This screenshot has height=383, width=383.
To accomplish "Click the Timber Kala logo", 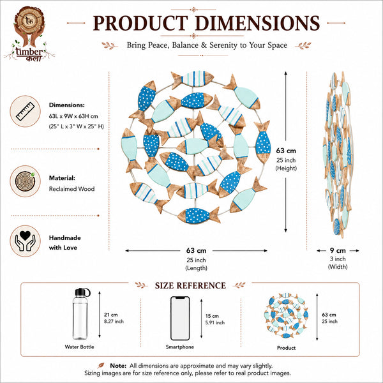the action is tap(29, 34).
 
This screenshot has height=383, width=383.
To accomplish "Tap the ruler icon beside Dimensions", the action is tap(25, 111).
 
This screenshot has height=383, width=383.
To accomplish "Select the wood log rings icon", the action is tap(25, 181).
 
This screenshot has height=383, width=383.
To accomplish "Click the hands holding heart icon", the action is tap(25, 241).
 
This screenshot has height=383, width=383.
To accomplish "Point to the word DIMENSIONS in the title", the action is tap(257, 23).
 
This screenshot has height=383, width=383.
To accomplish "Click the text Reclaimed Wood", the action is tap(71, 189).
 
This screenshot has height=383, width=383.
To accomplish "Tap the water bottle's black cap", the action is tap(82, 292).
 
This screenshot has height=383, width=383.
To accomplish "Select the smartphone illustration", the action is tap(180, 319).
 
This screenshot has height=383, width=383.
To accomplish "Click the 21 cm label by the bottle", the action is tap(110, 315).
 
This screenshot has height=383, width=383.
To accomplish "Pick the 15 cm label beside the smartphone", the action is tap(212, 316).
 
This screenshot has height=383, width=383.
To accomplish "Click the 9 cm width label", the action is tap(338, 250).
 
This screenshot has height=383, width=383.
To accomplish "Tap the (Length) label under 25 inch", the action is tap(196, 268).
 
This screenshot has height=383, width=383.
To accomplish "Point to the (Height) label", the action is tap(286, 168).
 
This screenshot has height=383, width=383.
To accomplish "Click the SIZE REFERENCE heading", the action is tap(190, 285).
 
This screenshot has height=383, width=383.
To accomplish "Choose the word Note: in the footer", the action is tap(118, 366).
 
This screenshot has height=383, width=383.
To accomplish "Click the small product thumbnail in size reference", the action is tap(286, 315).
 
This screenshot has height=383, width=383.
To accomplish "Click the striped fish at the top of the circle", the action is tap(193, 79).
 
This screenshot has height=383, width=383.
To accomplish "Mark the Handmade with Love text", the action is tap(64, 243).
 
